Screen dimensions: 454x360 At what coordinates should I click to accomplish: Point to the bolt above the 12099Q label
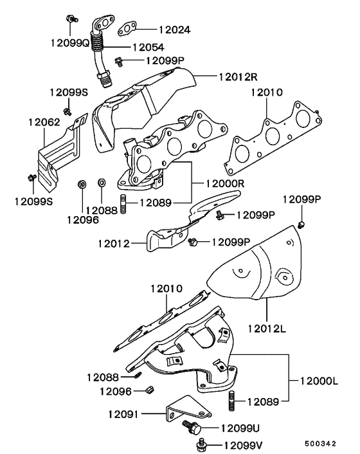pos(71,17)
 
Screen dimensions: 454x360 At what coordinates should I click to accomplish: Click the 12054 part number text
pos(148,47)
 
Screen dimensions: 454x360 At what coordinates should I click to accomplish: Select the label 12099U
pos(241,428)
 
